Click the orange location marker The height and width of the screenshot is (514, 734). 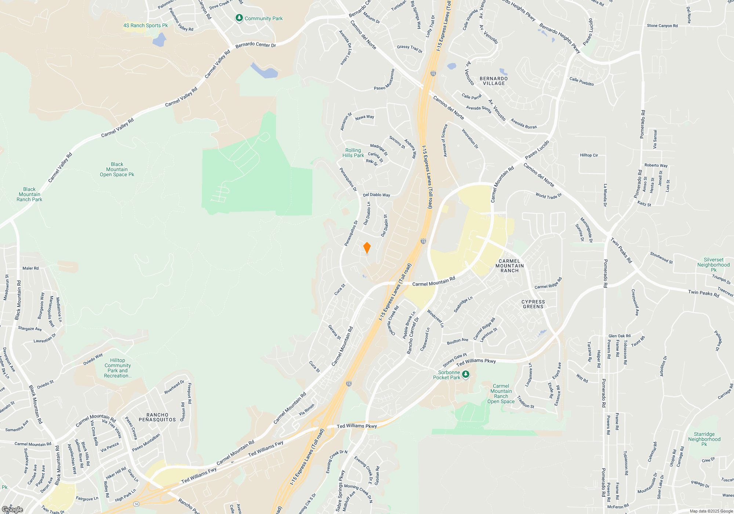coord(367,248)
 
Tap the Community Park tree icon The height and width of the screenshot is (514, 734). coord(239,18)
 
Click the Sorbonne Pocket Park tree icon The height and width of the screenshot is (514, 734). coord(465,374)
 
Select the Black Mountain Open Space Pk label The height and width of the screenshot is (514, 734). coord(117,169)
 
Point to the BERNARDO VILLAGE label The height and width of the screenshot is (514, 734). coord(494,81)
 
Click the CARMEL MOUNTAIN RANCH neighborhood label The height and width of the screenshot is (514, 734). coord(509,266)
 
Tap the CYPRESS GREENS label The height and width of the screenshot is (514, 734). coord(533,304)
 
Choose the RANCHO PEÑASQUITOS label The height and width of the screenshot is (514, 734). coord(157,417)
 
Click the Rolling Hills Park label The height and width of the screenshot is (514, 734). coord(353,153)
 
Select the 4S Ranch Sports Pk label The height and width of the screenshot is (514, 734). coord(145,25)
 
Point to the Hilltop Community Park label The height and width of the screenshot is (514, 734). coord(117,368)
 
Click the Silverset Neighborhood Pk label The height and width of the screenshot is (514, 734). coord(713,265)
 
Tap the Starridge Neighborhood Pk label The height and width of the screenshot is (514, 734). coord(704,439)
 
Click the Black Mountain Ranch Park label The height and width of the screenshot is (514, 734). coord(29,194)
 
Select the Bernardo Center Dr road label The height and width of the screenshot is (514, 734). coord(255,45)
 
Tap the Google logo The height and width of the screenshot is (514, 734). coord(12,510)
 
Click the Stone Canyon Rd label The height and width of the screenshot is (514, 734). coord(662,26)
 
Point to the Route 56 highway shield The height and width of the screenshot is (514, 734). coord(136,504)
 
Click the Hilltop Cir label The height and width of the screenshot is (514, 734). coord(589,155)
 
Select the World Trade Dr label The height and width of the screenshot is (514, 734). coord(548,196)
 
